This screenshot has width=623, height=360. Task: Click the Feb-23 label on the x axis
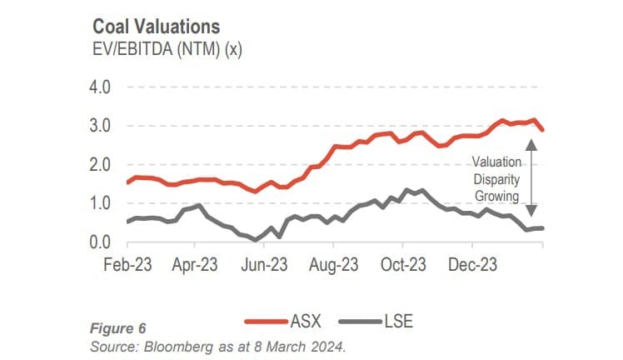click(x=126, y=265)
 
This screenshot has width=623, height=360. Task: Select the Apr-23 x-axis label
click(x=194, y=265)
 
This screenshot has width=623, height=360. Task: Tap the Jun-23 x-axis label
click(x=264, y=265)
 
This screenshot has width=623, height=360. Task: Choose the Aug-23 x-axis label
click(x=333, y=265)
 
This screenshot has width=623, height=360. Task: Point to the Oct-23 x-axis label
click(x=402, y=265)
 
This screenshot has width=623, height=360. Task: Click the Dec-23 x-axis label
click(x=472, y=265)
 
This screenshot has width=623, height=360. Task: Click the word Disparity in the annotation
click(x=496, y=179)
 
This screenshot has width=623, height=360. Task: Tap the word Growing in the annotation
click(x=496, y=197)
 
